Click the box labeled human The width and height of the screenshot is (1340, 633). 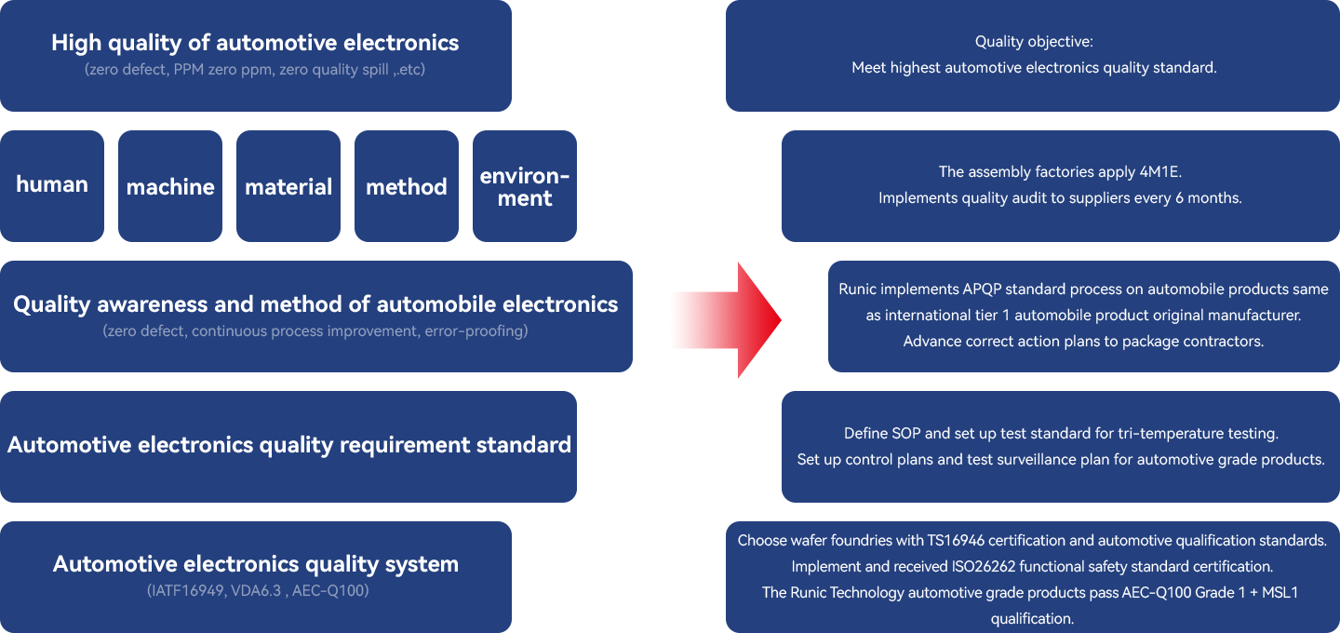(x=52, y=184)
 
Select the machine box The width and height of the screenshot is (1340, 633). (x=170, y=187)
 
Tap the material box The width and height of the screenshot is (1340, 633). (x=288, y=187)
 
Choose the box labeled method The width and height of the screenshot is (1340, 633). (x=406, y=187)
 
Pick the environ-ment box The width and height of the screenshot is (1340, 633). (x=524, y=187)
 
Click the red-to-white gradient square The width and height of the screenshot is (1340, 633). (x=726, y=320)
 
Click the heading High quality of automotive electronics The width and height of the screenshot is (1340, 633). (x=255, y=43)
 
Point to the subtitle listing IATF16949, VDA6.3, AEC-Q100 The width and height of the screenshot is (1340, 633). (x=258, y=590)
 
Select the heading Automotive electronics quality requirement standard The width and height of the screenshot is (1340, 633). (x=289, y=445)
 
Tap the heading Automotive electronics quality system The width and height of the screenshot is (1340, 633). (x=256, y=564)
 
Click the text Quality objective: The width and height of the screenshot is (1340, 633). (x=1034, y=42)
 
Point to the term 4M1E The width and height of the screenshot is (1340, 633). (x=1159, y=172)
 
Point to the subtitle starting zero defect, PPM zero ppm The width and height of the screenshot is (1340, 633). (x=255, y=70)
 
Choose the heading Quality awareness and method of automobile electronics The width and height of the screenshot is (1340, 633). (x=315, y=304)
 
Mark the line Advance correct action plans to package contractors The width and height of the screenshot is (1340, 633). (x=1083, y=342)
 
